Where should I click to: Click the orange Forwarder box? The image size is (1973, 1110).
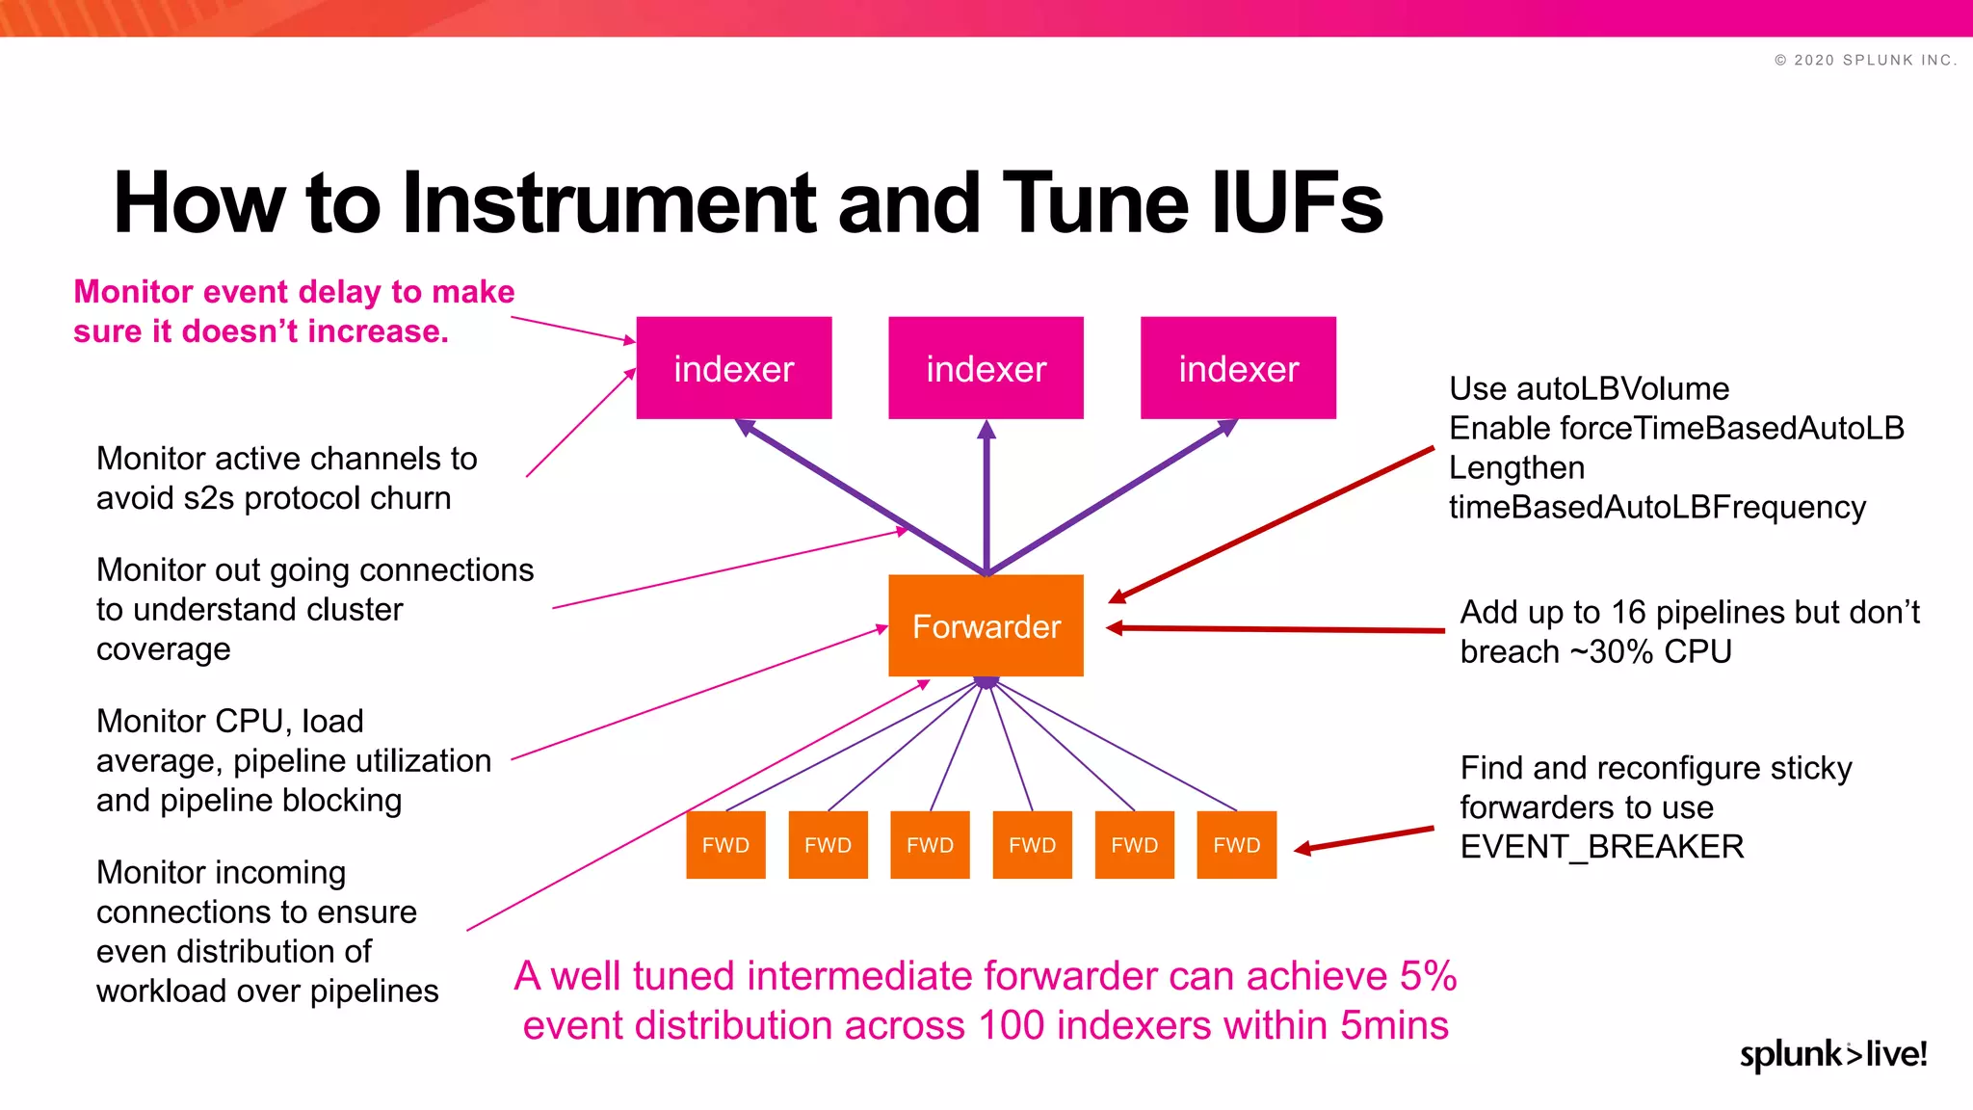pos(986,626)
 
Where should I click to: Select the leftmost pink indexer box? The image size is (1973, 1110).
pos(733,368)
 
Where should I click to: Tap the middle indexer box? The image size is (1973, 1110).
pos(986,368)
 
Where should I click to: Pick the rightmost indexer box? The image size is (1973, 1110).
pos(1238,368)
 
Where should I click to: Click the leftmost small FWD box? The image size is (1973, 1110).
pos(725,845)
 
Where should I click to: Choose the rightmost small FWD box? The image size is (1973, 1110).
pos(1236,845)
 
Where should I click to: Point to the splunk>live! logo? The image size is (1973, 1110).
pos(1832,1054)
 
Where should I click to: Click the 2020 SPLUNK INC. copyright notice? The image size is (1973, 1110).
pos(1865,60)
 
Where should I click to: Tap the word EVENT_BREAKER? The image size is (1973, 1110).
pos(1601,847)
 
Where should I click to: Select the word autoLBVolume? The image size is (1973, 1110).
pos(1622,388)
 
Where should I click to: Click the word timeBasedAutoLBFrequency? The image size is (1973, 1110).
pos(1657,507)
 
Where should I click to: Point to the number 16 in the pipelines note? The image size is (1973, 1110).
pos(1628,612)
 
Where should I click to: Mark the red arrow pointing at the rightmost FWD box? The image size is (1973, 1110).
pos(1363,838)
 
